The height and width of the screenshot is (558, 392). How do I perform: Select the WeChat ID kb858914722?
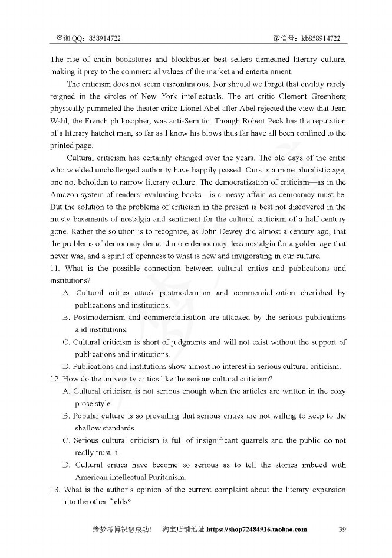pyautogui.click(x=321, y=38)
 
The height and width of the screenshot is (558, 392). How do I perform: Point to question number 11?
pyautogui.click(x=55, y=269)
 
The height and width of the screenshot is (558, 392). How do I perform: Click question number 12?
pyautogui.click(x=55, y=378)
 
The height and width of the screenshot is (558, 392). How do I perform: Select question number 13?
pyautogui.click(x=55, y=490)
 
